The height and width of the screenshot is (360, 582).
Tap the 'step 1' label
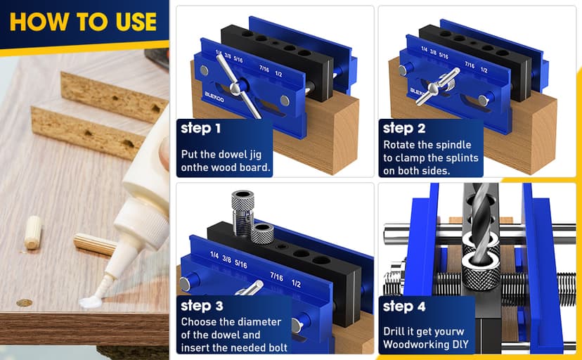pos(200,129)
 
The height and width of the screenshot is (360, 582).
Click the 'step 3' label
pos(201,306)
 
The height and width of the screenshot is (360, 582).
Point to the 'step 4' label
pos(404,307)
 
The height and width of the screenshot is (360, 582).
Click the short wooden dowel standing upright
pos(32,233)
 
